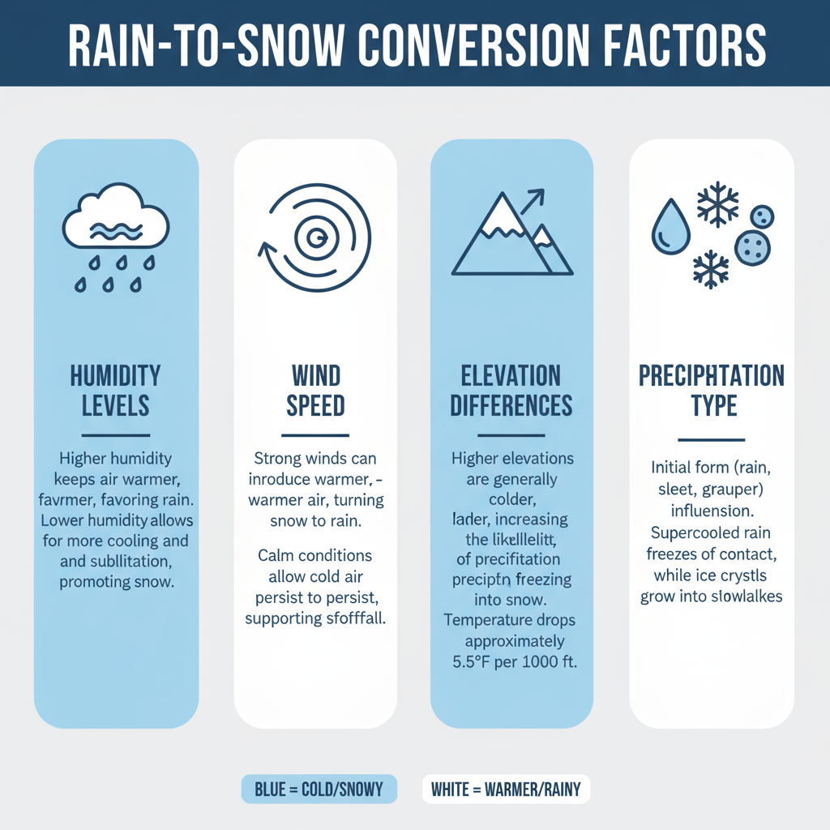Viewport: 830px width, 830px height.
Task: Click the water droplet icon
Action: click(x=670, y=229)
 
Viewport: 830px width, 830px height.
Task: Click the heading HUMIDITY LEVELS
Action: click(x=116, y=390)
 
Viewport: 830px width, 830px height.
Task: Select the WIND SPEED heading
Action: click(x=316, y=390)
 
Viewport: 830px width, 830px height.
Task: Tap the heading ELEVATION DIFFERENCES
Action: click(x=511, y=390)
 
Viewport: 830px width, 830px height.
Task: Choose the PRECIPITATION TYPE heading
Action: click(x=712, y=390)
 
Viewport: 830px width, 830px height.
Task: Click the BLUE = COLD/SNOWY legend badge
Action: click(x=319, y=789)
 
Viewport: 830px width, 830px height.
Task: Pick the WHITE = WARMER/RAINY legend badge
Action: click(x=506, y=789)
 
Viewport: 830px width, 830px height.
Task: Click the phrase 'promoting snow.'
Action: click(x=117, y=582)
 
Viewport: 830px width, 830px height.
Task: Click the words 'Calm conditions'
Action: click(x=315, y=556)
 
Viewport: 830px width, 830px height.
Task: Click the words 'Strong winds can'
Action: click(x=315, y=458)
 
